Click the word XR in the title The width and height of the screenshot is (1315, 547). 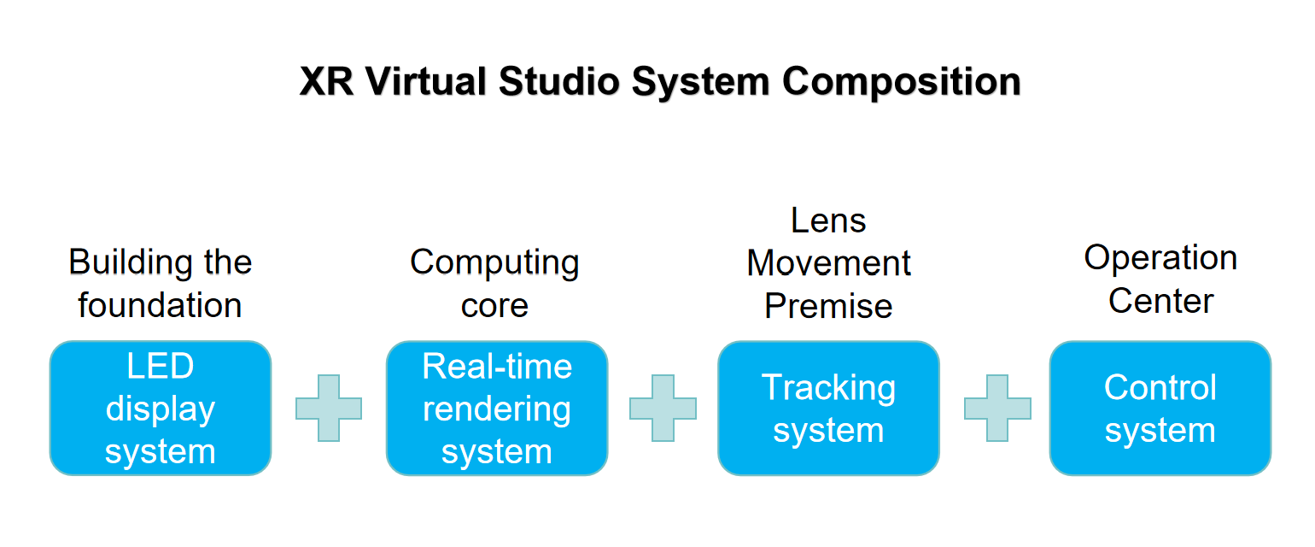pyautogui.click(x=326, y=81)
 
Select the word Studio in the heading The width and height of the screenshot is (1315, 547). pyautogui.click(x=558, y=81)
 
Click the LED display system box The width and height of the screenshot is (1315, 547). pyautogui.click(x=161, y=409)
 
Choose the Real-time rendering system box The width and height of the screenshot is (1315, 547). pyautogui.click(x=497, y=409)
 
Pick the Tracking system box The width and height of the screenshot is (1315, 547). pyautogui.click(x=828, y=409)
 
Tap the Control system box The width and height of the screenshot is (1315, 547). pyautogui.click(x=1160, y=409)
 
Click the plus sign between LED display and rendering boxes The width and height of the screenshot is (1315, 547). pyautogui.click(x=329, y=409)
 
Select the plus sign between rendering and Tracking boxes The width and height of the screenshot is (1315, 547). pyautogui.click(x=663, y=409)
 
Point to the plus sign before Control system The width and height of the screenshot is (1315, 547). pyautogui.click(x=997, y=409)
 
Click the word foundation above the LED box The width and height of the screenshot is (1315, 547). pyautogui.click(x=160, y=305)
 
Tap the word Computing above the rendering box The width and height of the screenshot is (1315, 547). pyautogui.click(x=494, y=263)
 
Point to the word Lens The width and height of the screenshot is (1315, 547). pyautogui.click(x=828, y=221)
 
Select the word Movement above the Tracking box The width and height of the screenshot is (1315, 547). pyautogui.click(x=828, y=262)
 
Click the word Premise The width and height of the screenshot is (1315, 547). pyautogui.click(x=828, y=305)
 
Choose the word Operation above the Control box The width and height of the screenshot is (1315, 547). pyautogui.click(x=1160, y=258)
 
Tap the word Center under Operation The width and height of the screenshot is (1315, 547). pyautogui.click(x=1160, y=301)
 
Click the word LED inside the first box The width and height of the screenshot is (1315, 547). pyautogui.click(x=161, y=366)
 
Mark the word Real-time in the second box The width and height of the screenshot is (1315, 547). pyautogui.click(x=497, y=366)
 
